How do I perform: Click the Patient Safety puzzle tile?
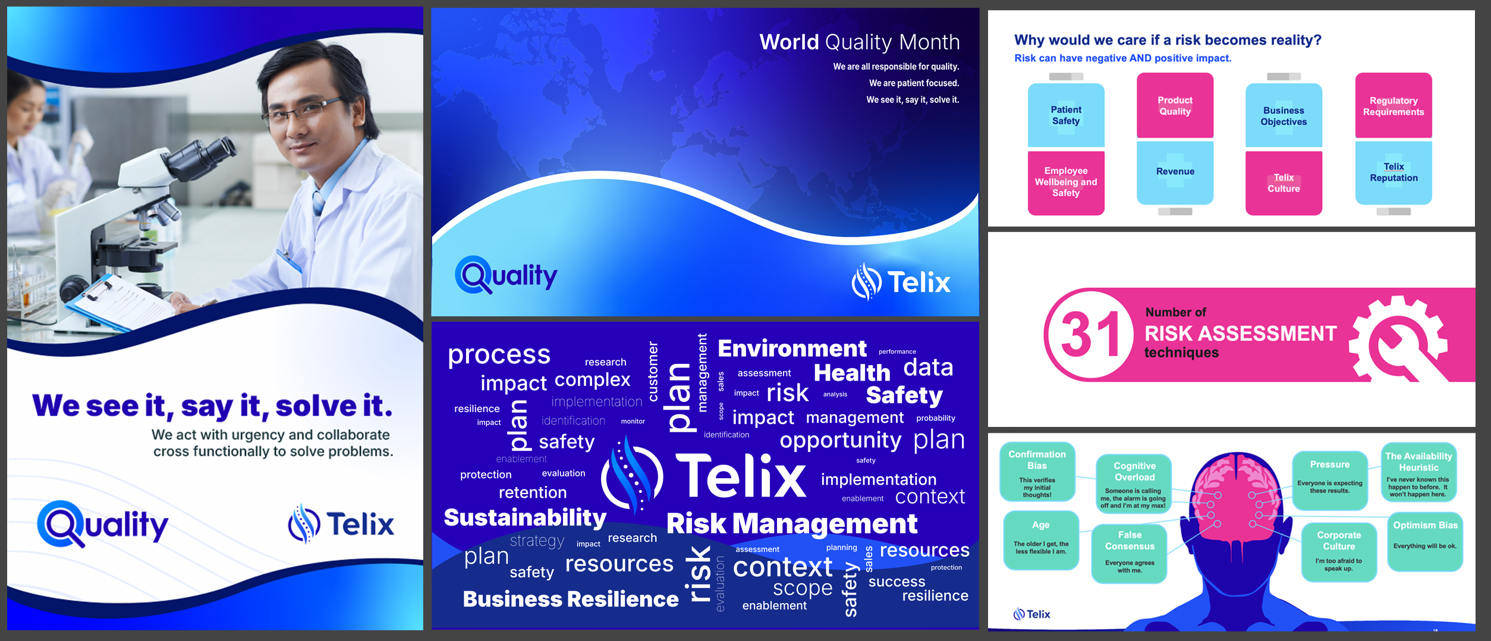(x=1066, y=115)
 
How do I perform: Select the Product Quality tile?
(x=1175, y=105)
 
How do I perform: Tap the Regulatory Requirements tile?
(x=1394, y=106)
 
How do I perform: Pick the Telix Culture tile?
(x=1284, y=183)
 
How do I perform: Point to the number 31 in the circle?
(x=1090, y=335)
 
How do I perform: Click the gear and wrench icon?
(x=1399, y=340)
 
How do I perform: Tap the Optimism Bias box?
(x=1425, y=542)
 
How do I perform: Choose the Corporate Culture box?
(x=1339, y=552)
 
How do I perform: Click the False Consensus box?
(x=1129, y=553)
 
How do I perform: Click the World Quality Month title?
(x=860, y=42)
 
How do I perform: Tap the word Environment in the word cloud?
(x=792, y=348)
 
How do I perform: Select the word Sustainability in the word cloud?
(x=525, y=518)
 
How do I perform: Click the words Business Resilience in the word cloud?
(x=571, y=599)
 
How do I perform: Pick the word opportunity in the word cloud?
(x=841, y=441)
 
